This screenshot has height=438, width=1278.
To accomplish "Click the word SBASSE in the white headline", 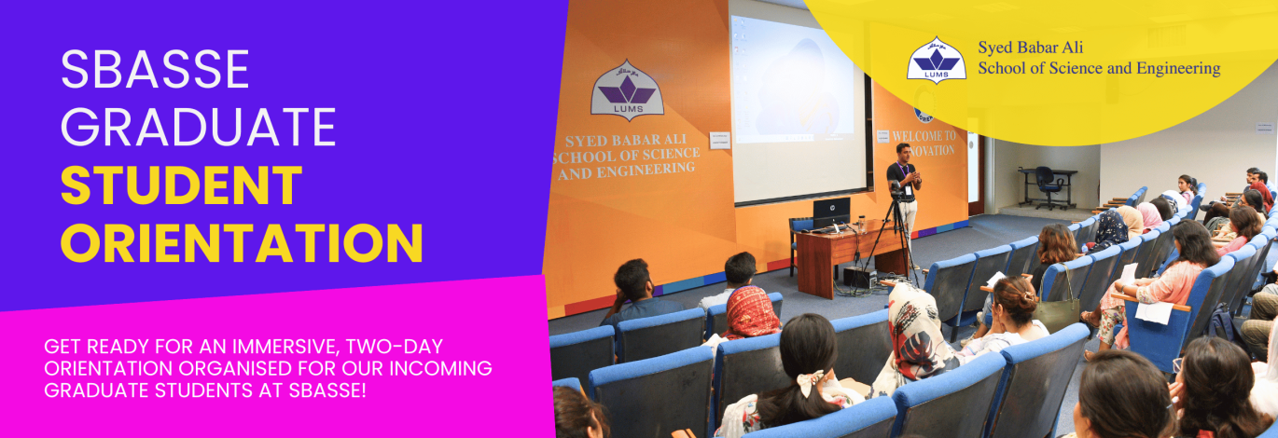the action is [155, 69].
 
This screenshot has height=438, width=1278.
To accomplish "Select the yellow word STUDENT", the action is [181, 185].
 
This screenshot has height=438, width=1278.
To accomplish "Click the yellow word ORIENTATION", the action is [242, 242].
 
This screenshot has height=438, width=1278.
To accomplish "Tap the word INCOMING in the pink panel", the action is [440, 368].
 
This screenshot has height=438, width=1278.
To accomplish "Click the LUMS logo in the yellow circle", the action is [937, 61].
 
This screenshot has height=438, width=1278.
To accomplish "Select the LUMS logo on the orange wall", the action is [627, 89].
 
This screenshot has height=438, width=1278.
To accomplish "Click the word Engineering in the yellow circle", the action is [1178, 69].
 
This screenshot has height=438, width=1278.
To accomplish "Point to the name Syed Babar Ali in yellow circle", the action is [1031, 48].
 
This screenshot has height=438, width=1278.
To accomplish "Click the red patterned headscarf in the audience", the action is [750, 312].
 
